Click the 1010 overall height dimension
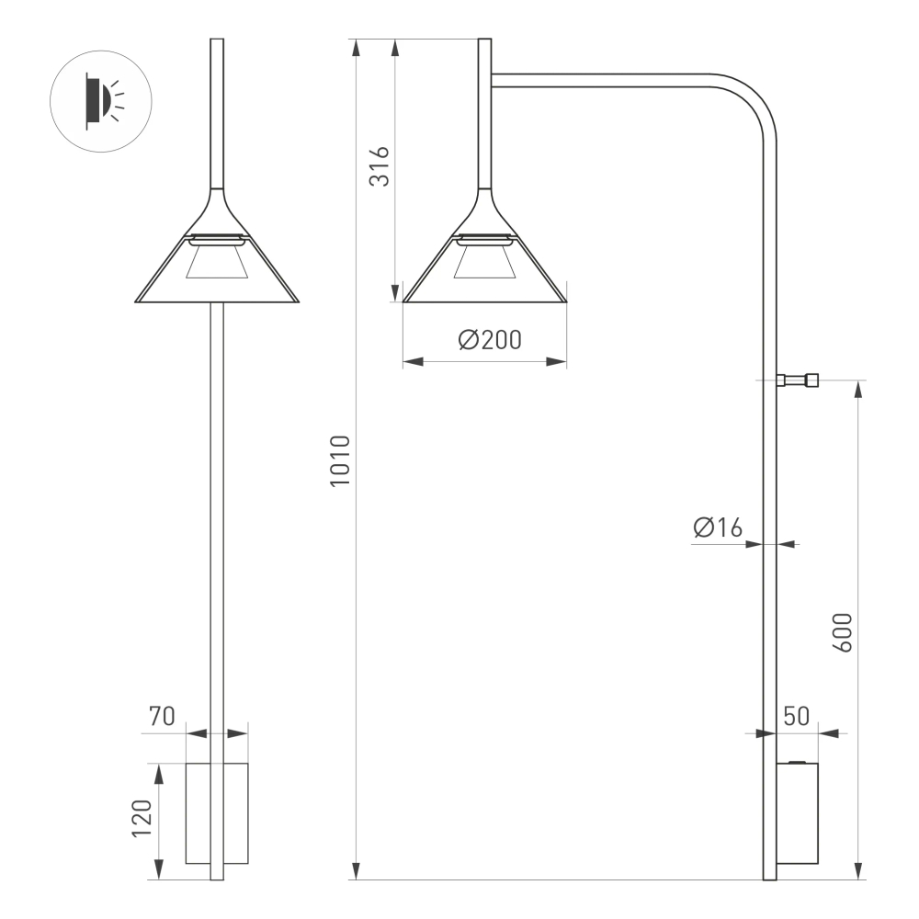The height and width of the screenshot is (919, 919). (340, 461)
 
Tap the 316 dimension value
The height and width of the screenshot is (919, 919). (380, 165)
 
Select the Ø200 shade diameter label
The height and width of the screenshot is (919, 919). (489, 340)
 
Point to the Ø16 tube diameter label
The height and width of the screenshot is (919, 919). (718, 528)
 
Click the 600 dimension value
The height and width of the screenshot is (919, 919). (844, 632)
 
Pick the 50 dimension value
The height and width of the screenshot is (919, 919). (796, 716)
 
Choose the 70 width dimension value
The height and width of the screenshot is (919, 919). (162, 716)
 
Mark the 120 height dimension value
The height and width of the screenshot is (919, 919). (142, 818)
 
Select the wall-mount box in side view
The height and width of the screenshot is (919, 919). (797, 812)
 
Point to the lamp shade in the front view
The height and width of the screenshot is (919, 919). (217, 267)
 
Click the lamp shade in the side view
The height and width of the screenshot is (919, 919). (485, 267)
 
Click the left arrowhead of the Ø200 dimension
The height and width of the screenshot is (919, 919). (413, 362)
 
